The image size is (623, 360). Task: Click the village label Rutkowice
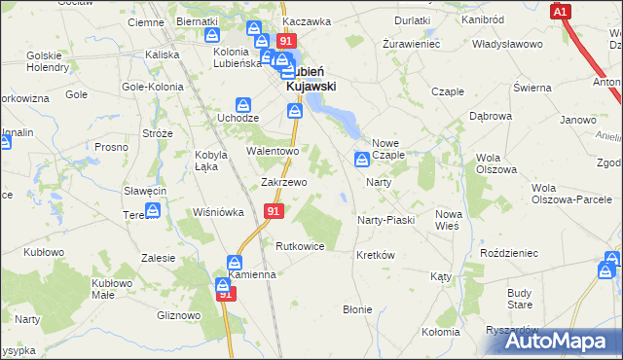[x=300, y=246]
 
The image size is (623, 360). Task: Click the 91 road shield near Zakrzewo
[x=274, y=211]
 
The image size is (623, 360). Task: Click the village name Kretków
[x=375, y=255]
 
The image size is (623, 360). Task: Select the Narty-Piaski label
[x=386, y=220]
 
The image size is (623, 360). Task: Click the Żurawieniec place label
[x=412, y=45]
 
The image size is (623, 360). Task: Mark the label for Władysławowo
[x=506, y=45]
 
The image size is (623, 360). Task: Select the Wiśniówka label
[x=218, y=212]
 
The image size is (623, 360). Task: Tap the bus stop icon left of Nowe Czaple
[x=362, y=159]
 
